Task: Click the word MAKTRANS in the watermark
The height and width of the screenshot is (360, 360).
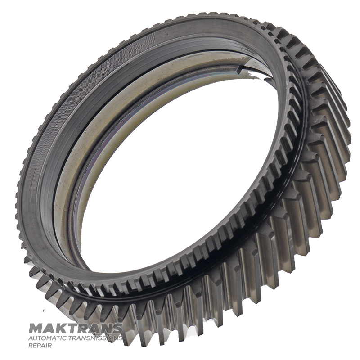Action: click(76, 328)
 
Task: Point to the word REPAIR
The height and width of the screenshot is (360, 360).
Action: click(40, 345)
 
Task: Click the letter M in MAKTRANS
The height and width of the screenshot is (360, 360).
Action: click(35, 328)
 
